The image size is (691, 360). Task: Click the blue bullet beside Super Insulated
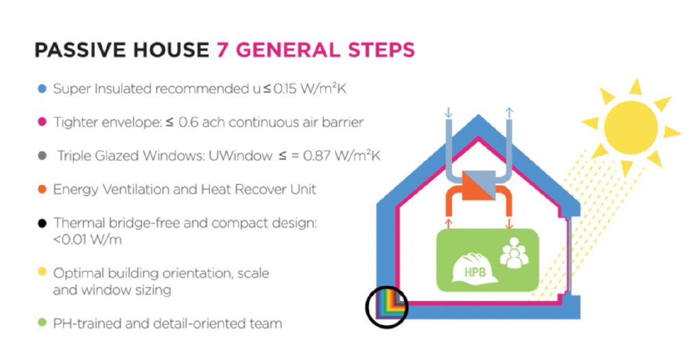click(x=42, y=89)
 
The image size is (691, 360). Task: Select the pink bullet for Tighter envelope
click(x=42, y=122)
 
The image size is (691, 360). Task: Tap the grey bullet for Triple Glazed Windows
click(x=42, y=156)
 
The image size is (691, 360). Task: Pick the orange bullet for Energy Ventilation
click(x=42, y=189)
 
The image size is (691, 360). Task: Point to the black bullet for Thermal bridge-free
click(x=42, y=223)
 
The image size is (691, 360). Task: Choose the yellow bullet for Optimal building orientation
click(x=42, y=273)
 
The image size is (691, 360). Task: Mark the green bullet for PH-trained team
click(x=42, y=323)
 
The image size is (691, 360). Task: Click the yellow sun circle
click(x=631, y=127)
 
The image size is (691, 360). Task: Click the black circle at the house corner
click(x=386, y=306)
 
